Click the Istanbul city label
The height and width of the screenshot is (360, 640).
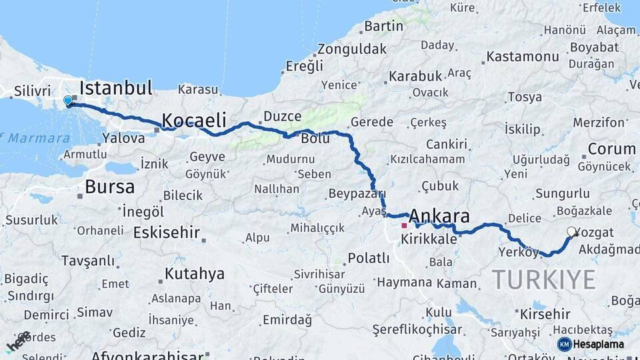click(x=116, y=87)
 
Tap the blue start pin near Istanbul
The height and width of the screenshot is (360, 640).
click(x=67, y=101)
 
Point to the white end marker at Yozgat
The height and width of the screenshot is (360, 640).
click(x=571, y=232)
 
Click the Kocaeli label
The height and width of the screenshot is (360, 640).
click(x=194, y=121)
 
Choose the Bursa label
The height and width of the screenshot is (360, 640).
click(x=110, y=187)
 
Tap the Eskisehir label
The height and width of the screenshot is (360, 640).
click(x=167, y=233)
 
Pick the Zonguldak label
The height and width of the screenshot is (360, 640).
click(x=351, y=49)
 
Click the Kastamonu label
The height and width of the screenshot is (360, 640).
click(x=522, y=57)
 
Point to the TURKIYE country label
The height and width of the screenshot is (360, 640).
click(x=543, y=279)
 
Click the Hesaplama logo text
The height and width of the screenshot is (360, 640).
click(x=598, y=344)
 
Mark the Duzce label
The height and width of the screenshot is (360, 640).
click(x=283, y=116)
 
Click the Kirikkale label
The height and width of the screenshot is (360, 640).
click(x=429, y=239)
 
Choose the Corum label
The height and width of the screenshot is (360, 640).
click(x=611, y=149)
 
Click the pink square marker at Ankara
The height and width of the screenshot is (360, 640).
click(x=403, y=225)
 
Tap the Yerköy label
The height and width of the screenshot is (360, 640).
click(x=518, y=252)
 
